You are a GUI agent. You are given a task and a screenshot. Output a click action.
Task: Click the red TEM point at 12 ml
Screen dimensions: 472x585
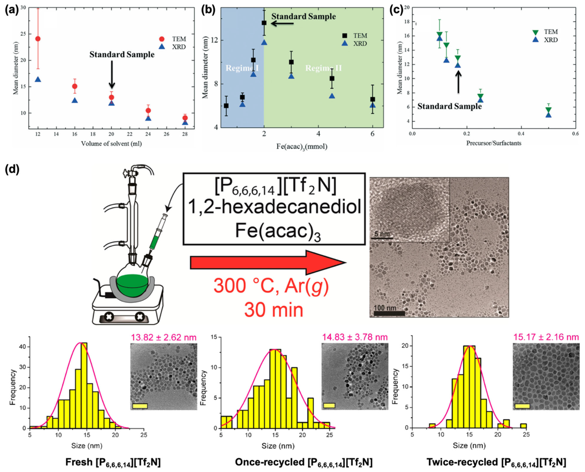pos(38,39)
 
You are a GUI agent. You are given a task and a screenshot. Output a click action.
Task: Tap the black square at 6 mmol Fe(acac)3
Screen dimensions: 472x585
pos(373,100)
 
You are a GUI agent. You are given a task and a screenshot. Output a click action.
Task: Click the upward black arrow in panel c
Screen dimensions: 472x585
pos(458,82)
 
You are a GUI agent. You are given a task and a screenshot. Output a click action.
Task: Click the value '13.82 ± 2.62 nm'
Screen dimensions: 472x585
pos(164,337)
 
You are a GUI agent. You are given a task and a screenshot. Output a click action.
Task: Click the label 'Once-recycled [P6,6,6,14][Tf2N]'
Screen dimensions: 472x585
pos(304,462)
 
